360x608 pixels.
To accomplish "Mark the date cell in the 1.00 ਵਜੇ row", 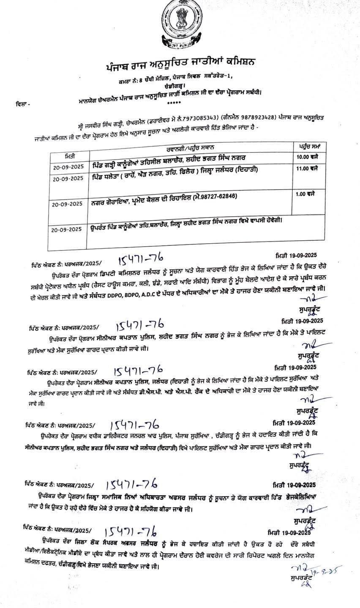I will coord(68,204).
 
